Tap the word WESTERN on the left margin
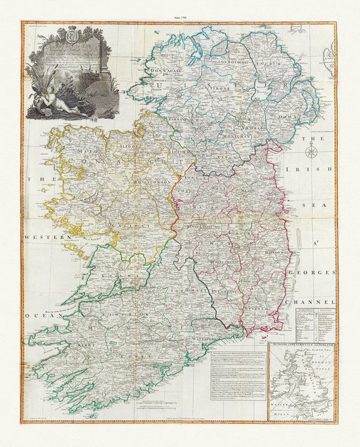point(49,238)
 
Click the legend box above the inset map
point(315,324)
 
